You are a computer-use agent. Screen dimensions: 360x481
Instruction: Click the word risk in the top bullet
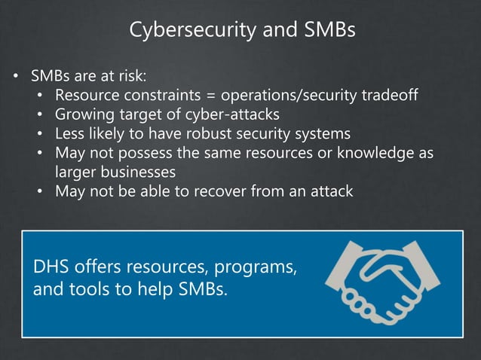130,76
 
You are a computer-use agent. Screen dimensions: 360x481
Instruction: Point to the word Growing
81,115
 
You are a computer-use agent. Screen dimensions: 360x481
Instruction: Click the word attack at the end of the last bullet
329,191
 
